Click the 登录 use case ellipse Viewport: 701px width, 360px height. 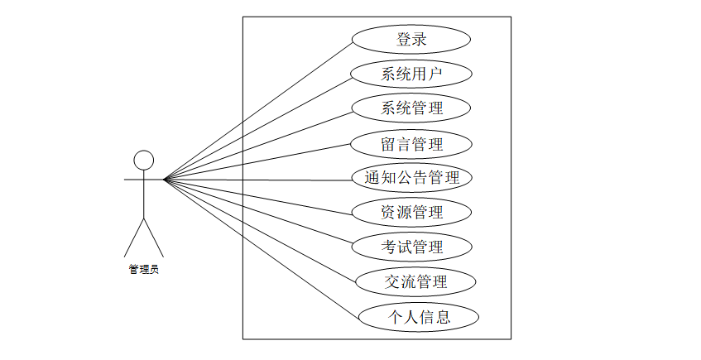411,39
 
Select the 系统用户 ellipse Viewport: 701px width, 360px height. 411,74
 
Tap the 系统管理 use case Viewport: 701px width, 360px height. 411,108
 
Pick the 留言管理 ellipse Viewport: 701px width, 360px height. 411,144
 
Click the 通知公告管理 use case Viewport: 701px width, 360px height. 411,177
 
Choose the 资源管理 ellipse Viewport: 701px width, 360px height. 411,212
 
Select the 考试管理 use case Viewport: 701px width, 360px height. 411,247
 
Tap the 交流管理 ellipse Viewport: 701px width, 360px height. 415,281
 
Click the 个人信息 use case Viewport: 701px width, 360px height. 419,316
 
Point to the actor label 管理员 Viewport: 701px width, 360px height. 143,269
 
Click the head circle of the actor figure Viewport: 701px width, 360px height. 144,160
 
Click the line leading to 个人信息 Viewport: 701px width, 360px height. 262,247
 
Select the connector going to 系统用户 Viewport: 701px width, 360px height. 257,126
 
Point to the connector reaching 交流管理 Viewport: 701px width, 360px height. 260,230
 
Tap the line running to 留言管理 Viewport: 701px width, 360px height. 257,161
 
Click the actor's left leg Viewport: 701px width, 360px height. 134,238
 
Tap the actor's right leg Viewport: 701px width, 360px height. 154,238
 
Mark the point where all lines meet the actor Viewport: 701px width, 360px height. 164,179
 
